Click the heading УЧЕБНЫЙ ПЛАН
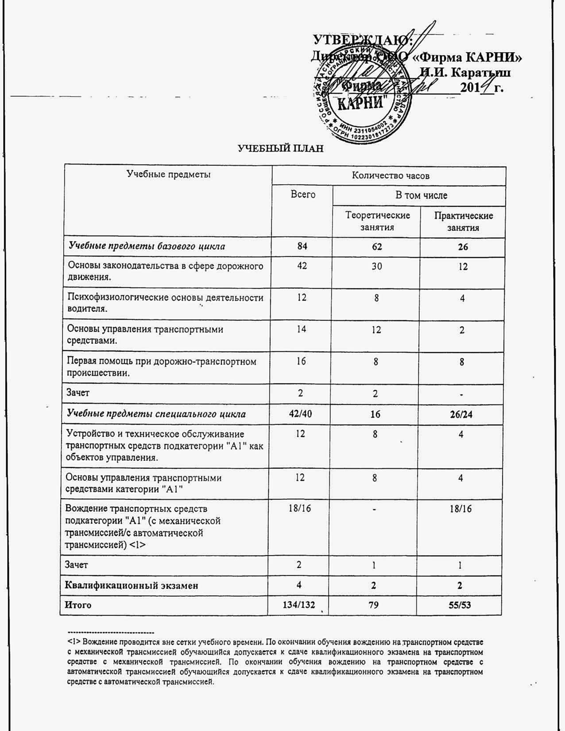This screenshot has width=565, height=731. coord(281,148)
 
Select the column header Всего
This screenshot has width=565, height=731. coord(303,194)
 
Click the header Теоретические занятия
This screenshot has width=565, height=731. coord(377,221)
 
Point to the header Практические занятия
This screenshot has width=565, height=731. coord(463,221)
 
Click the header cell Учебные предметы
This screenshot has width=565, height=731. coord(169,174)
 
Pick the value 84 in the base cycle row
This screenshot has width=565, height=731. coord(302,246)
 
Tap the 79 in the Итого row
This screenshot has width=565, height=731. coord(373,605)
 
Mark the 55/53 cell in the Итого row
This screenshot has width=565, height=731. coord(459,605)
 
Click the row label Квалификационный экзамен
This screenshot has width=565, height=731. coord(132,585)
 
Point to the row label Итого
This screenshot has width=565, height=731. coord(78,605)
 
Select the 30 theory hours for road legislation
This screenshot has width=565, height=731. coord(377,267)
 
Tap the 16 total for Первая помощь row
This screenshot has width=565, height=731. coord(301,362)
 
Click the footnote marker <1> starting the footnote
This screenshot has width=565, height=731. coord(74,642)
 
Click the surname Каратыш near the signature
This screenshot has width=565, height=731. coord(480,72)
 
